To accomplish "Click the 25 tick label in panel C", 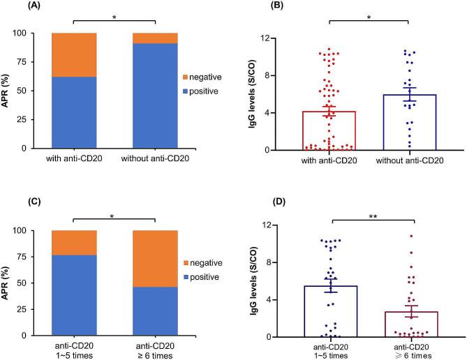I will click(x=37, y=310).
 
